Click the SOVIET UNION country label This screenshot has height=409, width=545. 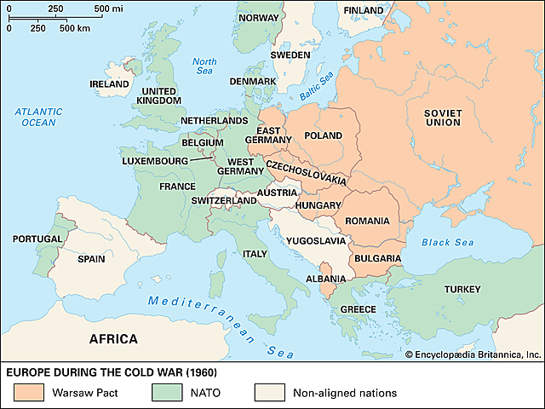(x=443, y=116)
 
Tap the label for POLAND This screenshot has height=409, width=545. (x=323, y=135)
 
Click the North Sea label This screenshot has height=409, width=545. (x=205, y=66)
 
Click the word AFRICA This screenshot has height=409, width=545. (x=114, y=339)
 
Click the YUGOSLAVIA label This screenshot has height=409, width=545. (x=317, y=241)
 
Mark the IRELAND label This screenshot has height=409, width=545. (x=110, y=84)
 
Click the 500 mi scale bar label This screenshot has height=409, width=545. (x=109, y=8)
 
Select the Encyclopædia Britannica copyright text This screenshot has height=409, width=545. (x=473, y=354)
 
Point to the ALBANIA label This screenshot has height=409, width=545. (x=325, y=279)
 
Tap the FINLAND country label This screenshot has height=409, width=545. (x=363, y=10)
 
